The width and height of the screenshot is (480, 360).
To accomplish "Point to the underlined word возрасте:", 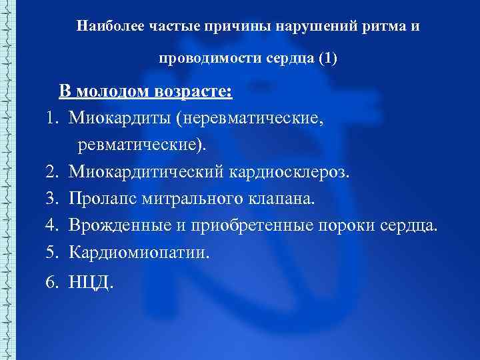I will click(x=195, y=91).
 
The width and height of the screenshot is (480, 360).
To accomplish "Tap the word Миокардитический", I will click(x=146, y=172).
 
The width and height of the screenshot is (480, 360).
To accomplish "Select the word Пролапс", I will click(x=102, y=199).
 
